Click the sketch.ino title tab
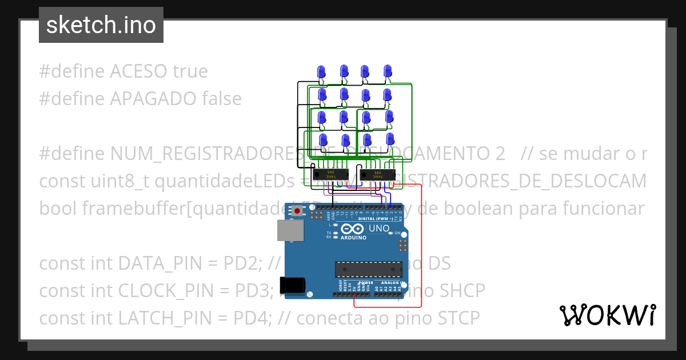tap(101, 25)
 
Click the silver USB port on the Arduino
tap(288, 230)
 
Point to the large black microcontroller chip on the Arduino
tap(366, 268)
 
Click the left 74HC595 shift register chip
tap(330, 174)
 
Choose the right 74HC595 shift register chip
tap(377, 174)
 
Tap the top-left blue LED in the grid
tap(321, 71)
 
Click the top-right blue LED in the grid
tap(388, 71)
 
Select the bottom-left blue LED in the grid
tap(323, 140)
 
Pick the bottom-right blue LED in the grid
tap(390, 139)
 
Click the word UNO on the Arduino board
tap(379, 229)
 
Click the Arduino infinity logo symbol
tap(352, 229)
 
